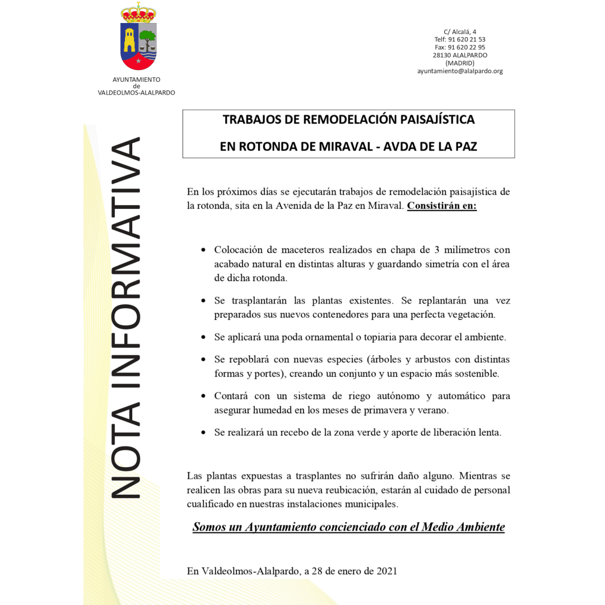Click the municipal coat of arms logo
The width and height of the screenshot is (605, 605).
pyautogui.click(x=138, y=37)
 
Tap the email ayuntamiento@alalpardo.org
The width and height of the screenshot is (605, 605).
pyautogui.click(x=460, y=71)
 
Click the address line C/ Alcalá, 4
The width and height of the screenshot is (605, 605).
pyautogui.click(x=460, y=32)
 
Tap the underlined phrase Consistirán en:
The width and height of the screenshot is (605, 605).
pyautogui.click(x=441, y=206)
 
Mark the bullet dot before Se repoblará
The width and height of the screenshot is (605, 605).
pyautogui.click(x=204, y=359)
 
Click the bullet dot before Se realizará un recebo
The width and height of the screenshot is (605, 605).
pyautogui.click(x=204, y=433)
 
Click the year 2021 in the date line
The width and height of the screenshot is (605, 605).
pyautogui.click(x=386, y=571)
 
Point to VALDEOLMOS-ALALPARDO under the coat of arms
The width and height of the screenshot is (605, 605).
pyautogui.click(x=136, y=92)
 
